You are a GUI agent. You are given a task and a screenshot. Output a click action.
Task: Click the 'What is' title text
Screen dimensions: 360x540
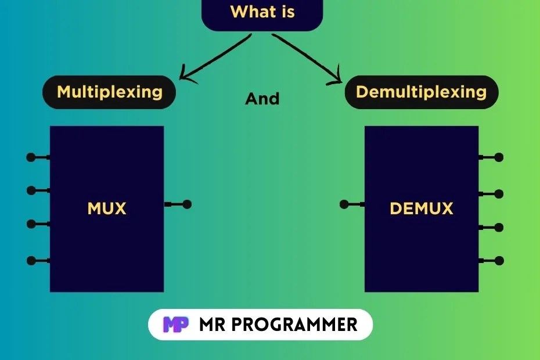262,12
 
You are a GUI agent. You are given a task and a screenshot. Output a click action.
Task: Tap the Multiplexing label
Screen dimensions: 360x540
109,92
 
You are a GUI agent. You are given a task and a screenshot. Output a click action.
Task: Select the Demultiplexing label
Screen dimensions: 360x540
421,92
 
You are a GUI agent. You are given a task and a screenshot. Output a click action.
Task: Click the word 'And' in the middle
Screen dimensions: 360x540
262,99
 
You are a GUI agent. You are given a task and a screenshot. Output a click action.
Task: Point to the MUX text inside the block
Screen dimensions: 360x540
107,208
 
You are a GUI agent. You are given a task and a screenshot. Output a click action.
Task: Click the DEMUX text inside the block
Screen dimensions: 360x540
421,208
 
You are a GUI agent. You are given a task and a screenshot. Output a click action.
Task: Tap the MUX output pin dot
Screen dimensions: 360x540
186,204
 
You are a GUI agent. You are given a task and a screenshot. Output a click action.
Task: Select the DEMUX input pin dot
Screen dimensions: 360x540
344,204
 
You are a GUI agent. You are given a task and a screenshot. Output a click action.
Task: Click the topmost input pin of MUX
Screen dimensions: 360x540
31,157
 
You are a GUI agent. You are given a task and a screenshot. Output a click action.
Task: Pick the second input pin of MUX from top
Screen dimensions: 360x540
31,190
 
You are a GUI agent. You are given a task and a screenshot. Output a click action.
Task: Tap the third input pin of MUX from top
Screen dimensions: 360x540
31,224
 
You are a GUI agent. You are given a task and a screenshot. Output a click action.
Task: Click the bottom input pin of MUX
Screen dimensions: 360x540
31,260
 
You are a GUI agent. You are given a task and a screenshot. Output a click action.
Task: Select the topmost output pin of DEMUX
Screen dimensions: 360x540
499,157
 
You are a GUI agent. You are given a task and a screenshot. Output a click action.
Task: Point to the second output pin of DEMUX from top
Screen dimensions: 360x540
499,193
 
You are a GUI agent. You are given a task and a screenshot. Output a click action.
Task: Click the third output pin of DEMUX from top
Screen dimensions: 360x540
499,227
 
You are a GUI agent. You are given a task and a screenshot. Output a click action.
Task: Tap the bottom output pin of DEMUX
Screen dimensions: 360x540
499,260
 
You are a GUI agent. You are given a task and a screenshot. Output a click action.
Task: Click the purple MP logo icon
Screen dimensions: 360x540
176,324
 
